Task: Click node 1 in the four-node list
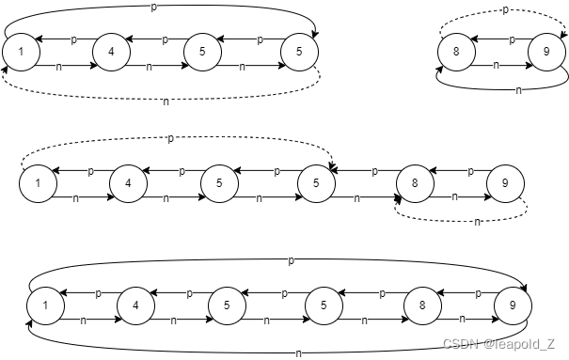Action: pos(21,52)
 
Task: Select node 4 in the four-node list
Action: pos(111,52)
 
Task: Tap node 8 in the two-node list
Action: pos(456,52)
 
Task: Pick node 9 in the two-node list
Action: pos(546,52)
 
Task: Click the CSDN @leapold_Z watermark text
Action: pos(499,344)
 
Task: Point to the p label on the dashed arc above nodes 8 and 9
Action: pos(505,10)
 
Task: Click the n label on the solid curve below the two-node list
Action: pos(518,90)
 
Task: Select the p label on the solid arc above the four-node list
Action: pos(154,8)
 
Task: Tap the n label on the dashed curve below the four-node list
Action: pos(166,102)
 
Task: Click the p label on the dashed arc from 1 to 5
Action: pos(170,138)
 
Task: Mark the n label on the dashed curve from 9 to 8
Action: pos(477,222)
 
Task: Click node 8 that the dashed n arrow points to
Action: pos(415,183)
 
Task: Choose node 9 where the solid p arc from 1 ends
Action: pos(513,305)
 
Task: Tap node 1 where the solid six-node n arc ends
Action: pos(46,305)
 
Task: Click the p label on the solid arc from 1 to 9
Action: pos(291,260)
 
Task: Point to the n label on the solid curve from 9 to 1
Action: pos(298,353)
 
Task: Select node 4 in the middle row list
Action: pos(129,183)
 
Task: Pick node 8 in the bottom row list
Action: pos(422,305)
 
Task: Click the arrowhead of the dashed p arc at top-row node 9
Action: pos(564,35)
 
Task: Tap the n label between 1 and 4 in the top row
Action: pos(58,67)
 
